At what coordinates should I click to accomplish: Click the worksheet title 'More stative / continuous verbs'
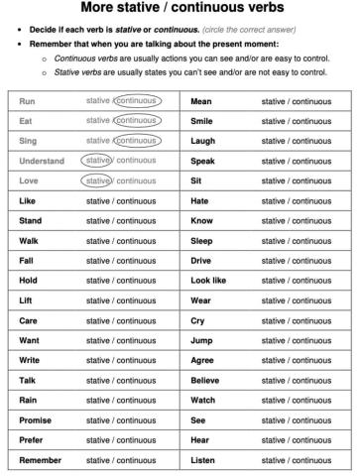(x=180, y=11)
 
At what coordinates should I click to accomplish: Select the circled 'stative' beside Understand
(x=98, y=161)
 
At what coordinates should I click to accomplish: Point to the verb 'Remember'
(x=40, y=460)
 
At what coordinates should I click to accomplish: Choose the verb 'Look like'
(x=208, y=281)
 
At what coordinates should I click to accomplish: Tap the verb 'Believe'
(x=206, y=380)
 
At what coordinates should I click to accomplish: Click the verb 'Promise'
(x=36, y=420)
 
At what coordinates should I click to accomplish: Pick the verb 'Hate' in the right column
(x=201, y=200)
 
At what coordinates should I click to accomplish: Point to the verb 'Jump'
(x=202, y=340)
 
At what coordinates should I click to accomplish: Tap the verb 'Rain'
(x=29, y=401)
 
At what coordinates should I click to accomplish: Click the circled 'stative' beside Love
(x=98, y=180)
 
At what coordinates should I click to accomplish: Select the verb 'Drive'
(x=202, y=260)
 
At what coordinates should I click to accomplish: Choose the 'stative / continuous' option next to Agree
(x=296, y=360)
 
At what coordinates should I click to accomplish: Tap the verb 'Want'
(x=30, y=340)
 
